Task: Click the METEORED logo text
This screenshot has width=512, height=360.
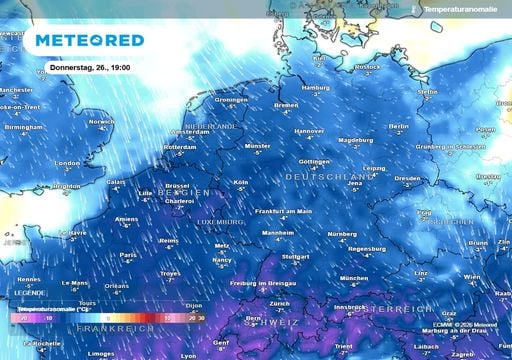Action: pyautogui.click(x=89, y=41)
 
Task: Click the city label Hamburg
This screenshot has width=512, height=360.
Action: pyautogui.click(x=315, y=88)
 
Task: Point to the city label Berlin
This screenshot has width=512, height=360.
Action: pyautogui.click(x=398, y=127)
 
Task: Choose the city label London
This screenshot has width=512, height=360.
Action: pyautogui.click(x=67, y=163)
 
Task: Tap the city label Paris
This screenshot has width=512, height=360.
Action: pyautogui.click(x=128, y=254)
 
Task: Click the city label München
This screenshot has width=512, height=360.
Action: pyautogui.click(x=354, y=278)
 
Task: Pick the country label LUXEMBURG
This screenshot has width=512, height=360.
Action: pyautogui.click(x=219, y=220)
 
